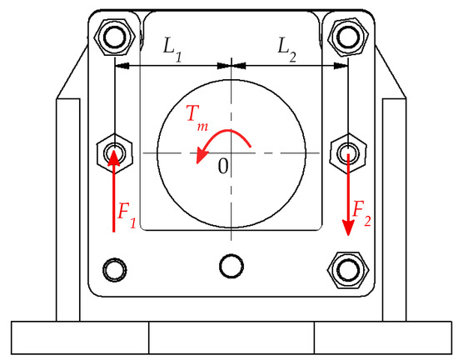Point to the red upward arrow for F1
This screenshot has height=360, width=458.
click(x=114, y=192)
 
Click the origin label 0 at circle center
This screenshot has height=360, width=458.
click(x=222, y=166)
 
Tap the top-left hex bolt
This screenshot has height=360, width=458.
click(x=113, y=36)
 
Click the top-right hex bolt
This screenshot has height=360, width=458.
click(x=346, y=36)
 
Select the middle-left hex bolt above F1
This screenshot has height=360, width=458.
click(x=113, y=152)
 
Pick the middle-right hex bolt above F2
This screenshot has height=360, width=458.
click(x=346, y=152)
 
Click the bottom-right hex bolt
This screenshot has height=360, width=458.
click(x=346, y=269)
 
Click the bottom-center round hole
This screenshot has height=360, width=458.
click(x=231, y=266)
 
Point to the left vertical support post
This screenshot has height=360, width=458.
click(x=69, y=208)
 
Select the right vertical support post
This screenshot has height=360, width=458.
click(x=392, y=208)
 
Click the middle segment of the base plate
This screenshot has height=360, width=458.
click(x=231, y=337)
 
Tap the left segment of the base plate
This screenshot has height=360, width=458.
click(x=80, y=337)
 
